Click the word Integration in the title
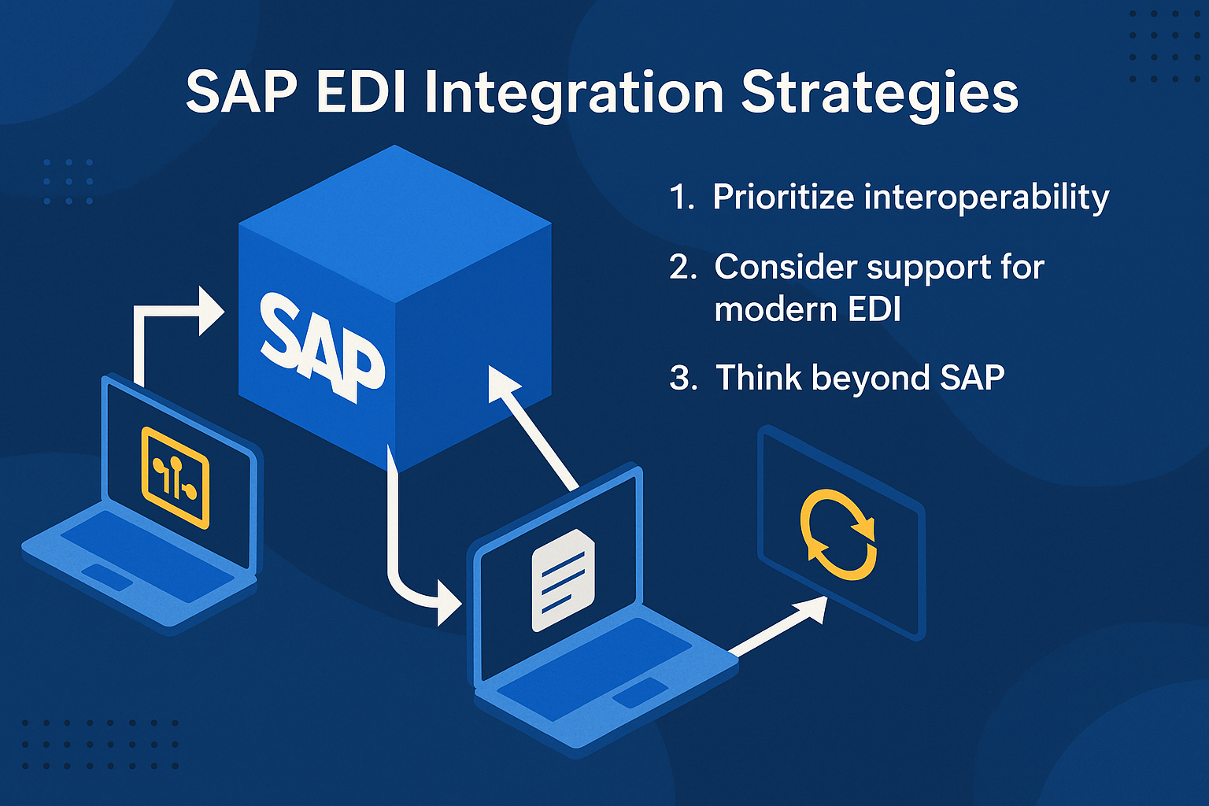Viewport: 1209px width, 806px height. pos(575,94)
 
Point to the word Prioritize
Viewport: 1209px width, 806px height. pos(783,197)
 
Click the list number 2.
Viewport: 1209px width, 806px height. pos(682,268)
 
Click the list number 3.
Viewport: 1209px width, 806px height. pos(682,378)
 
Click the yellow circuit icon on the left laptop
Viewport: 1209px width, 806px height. pos(175,477)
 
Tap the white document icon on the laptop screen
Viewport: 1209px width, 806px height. pos(563,580)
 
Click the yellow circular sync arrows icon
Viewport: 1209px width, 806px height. pos(838,534)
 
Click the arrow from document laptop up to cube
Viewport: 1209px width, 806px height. pos(532,427)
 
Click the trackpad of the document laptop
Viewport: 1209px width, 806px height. pos(640,693)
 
